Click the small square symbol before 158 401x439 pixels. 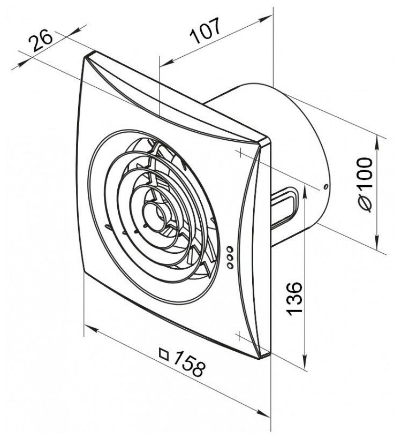164,353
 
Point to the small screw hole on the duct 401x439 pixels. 324,187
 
